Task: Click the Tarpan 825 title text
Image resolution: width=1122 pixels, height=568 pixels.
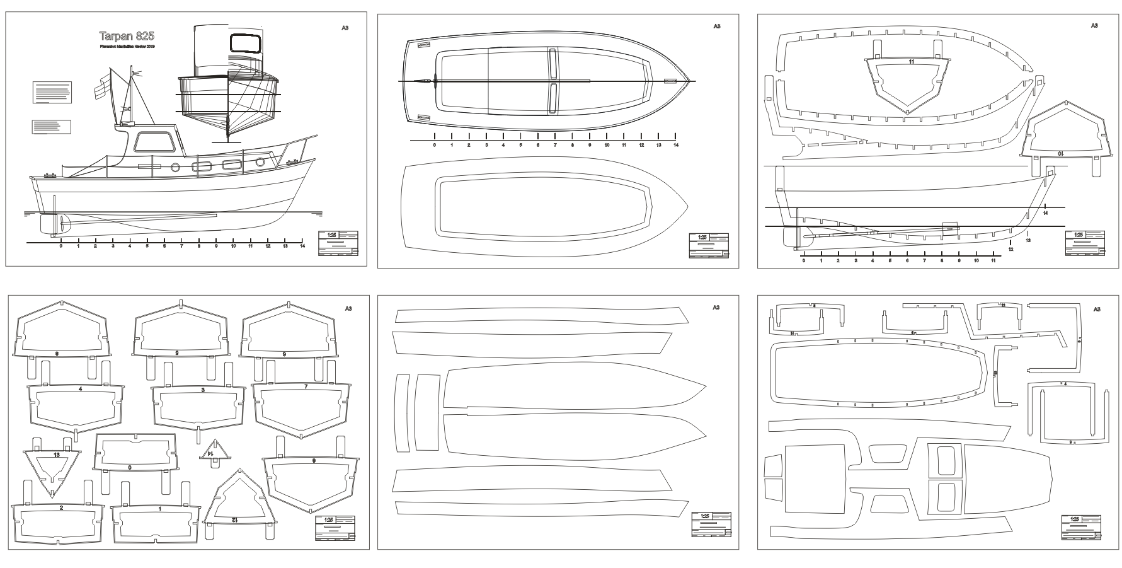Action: click(x=127, y=37)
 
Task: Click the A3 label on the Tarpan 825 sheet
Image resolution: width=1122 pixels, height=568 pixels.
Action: click(x=345, y=27)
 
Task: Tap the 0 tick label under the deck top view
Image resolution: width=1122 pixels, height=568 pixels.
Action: click(x=434, y=145)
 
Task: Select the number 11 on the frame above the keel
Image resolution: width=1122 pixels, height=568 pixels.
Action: click(x=912, y=62)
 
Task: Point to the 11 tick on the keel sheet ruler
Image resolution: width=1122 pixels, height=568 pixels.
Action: click(x=993, y=260)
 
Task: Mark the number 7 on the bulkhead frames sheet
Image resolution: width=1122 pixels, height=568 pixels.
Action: click(x=306, y=386)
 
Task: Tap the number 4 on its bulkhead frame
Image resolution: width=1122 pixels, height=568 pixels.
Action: click(x=81, y=390)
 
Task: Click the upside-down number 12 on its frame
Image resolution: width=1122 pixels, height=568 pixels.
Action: click(x=234, y=519)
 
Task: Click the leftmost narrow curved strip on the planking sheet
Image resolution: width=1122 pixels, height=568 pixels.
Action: click(x=402, y=414)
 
